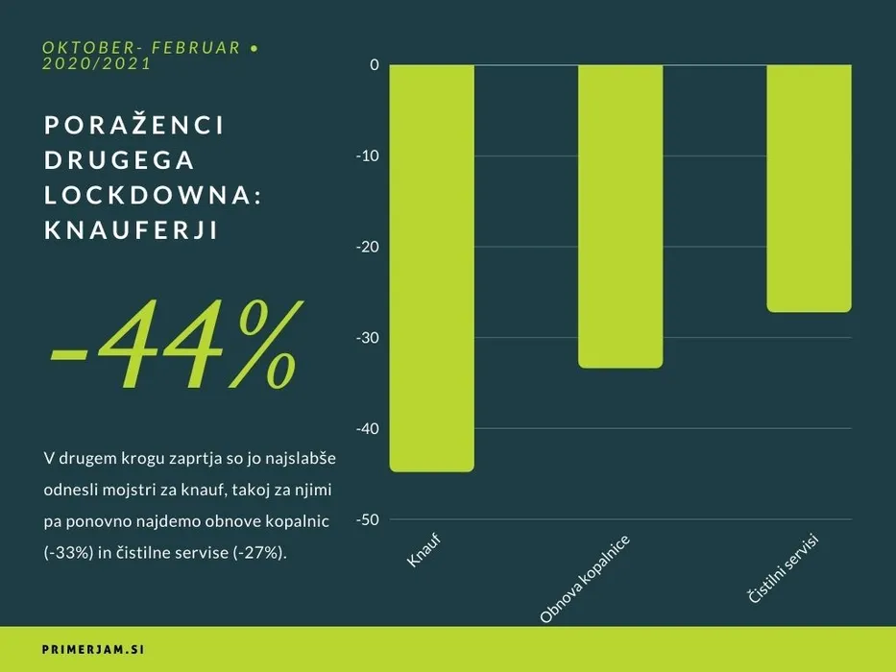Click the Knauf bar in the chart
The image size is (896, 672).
tap(431, 268)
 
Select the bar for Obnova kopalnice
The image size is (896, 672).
tap(619, 216)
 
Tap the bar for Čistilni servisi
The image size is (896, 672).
tap(809, 188)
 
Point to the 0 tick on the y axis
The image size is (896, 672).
tap(374, 65)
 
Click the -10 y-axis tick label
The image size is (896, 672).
tap(367, 156)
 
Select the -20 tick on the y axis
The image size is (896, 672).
tap(367, 247)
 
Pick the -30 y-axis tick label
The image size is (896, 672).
tap(367, 338)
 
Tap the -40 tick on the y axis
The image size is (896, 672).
tap(367, 429)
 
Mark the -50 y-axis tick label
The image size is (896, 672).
tap(367, 519)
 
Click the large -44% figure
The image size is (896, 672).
tap(174, 346)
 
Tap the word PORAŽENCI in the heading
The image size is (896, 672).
tap(134, 125)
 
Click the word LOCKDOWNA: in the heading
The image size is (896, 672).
tap(154, 196)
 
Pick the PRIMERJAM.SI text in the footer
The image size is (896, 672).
tap(93, 650)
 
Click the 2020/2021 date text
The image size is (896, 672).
tap(97, 64)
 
